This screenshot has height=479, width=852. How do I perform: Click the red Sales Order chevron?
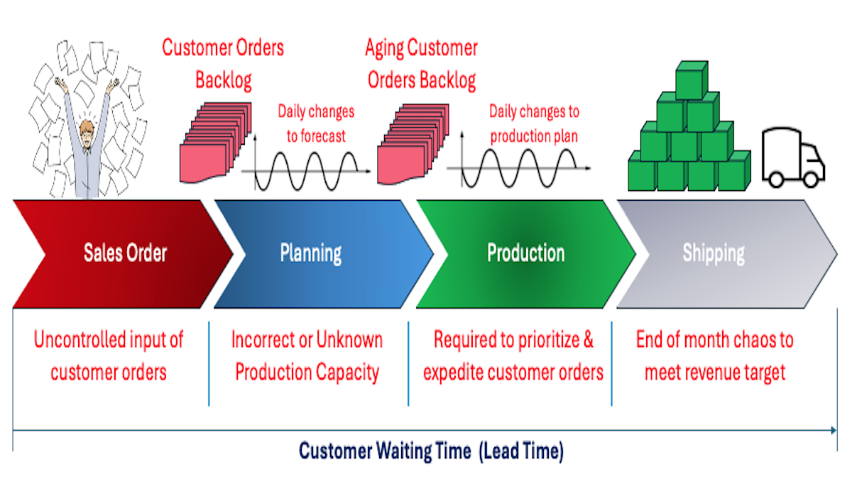(x=124, y=253)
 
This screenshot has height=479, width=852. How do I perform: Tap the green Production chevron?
(x=525, y=253)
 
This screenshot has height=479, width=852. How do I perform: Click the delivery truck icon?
(x=794, y=158)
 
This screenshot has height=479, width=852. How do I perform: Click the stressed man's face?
(x=87, y=133)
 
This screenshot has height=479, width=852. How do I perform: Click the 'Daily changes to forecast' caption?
(x=316, y=123)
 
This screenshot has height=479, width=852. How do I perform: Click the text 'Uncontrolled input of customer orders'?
(x=109, y=356)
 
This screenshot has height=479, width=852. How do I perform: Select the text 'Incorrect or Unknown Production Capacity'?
(x=307, y=356)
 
